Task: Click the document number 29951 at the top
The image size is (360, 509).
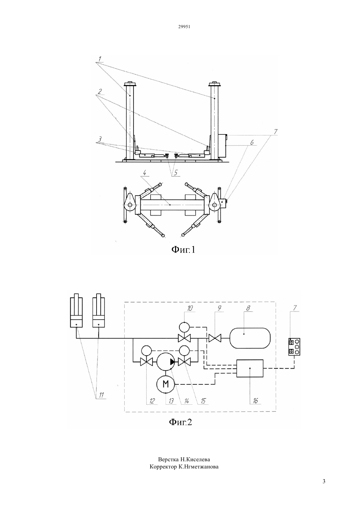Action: [184, 26]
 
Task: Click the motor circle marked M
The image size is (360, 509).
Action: [166, 384]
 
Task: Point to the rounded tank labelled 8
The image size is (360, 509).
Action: [250, 338]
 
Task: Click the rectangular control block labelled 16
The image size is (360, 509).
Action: [250, 368]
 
